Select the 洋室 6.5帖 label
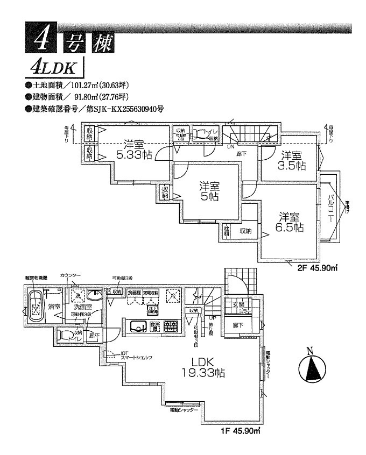pyautogui.click(x=291, y=222)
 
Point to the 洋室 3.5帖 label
pyautogui.click(x=291, y=160)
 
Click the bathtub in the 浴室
pyautogui.click(x=36, y=306)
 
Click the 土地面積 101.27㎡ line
pyautogui.click(x=76, y=85)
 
